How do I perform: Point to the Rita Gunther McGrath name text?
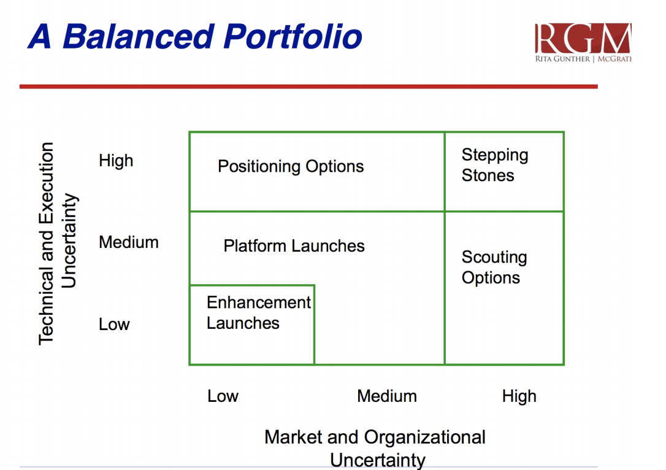point(583,59)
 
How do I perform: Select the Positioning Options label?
point(291,166)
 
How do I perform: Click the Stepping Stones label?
point(494,165)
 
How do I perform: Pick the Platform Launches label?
point(294,246)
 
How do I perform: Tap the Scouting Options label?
point(494,268)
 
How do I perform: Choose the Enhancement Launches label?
point(258,312)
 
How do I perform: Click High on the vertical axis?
point(115,161)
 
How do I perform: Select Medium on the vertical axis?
point(128,242)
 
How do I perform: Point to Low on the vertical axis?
point(114,324)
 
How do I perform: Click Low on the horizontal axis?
point(223,396)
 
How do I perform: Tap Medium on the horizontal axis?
point(386,396)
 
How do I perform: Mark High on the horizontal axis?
point(519,396)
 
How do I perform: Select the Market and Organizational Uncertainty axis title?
point(375,447)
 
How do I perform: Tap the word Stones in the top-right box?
point(488,175)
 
